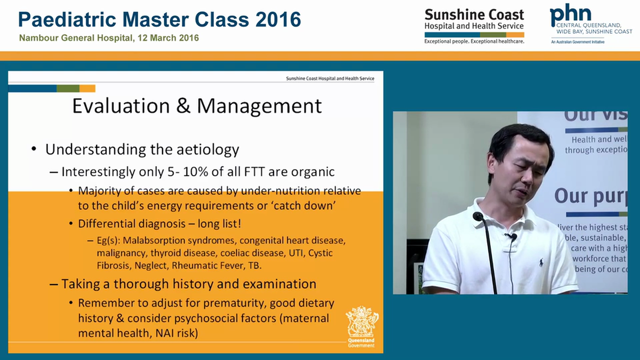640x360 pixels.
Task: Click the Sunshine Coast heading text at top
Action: (x=474, y=14)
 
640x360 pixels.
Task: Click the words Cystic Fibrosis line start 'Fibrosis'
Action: (x=115, y=265)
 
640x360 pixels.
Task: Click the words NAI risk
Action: (x=174, y=333)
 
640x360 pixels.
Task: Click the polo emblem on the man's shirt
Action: (x=541, y=261)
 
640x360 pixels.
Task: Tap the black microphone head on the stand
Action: (x=478, y=216)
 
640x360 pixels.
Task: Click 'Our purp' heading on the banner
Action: (x=590, y=195)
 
